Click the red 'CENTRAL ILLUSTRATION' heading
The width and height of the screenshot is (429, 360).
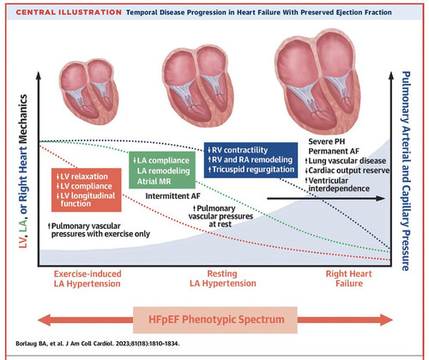[x=69, y=12]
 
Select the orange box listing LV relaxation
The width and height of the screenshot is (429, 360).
[x=87, y=190]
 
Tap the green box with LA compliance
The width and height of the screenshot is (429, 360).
[x=162, y=170]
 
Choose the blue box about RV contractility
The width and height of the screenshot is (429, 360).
[x=251, y=159]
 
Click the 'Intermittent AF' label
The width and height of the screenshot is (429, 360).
[x=172, y=196]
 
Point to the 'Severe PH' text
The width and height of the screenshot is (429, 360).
[x=327, y=141]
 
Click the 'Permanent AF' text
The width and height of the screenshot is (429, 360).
[x=334, y=151]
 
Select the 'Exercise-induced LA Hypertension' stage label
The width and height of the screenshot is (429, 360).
[x=88, y=279]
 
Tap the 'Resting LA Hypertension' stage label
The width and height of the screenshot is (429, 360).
[x=223, y=279]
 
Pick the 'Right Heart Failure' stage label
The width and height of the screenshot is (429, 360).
[x=349, y=279]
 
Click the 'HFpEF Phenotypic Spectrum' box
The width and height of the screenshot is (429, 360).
[x=215, y=320]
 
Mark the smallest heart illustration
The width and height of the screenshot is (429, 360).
[x=88, y=92]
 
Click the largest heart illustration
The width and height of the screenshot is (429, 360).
[x=317, y=81]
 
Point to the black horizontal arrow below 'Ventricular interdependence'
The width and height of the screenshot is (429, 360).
[x=326, y=198]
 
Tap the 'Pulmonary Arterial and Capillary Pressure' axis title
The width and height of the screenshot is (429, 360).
[x=406, y=171]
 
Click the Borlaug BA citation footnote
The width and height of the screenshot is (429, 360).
[x=98, y=344]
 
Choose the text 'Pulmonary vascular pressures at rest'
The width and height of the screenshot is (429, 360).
[x=221, y=216]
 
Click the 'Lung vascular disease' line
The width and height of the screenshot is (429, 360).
[x=346, y=161]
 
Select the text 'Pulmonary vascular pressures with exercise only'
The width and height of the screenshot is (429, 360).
[x=99, y=230]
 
